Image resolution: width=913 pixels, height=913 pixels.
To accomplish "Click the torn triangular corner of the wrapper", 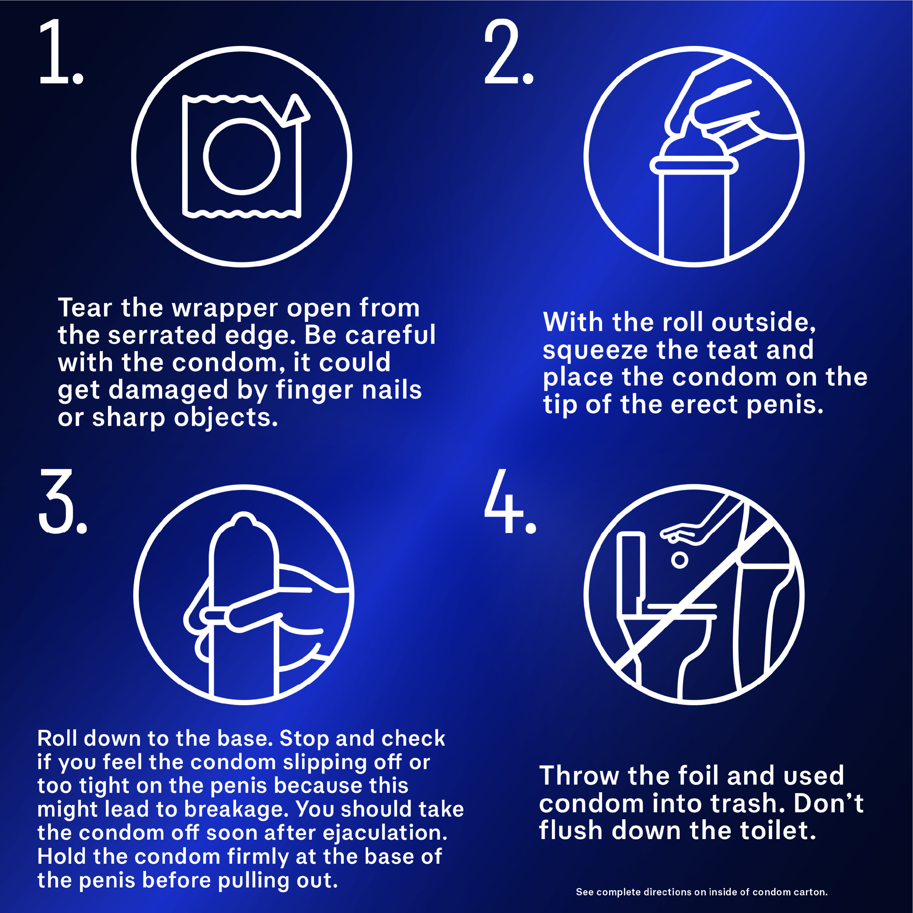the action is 295,111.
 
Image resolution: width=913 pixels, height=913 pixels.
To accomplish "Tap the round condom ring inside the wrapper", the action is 241,156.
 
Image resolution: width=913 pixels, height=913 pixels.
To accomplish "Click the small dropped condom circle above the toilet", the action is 680,561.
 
